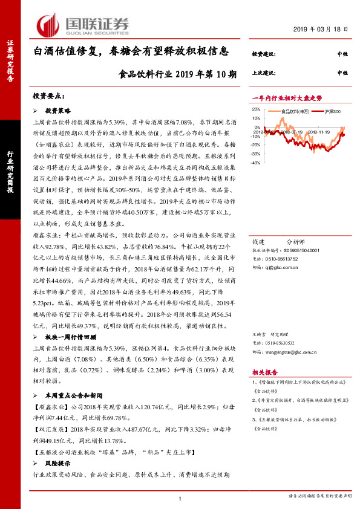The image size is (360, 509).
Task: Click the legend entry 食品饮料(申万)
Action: tap(295, 111)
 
